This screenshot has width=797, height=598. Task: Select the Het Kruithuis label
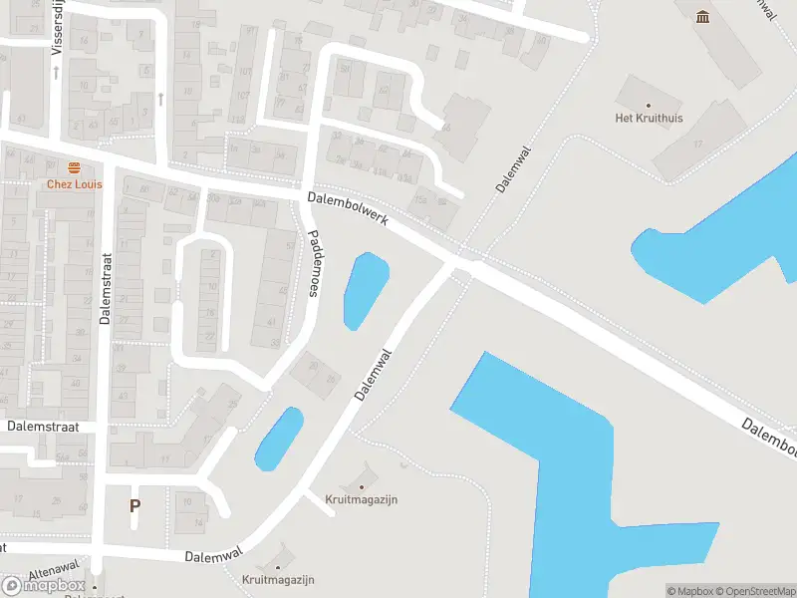coord(649,118)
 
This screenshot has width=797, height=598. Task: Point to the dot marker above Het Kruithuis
coord(649,104)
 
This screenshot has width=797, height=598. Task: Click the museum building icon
coord(704,16)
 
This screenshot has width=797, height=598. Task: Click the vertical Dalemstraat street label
coord(106,290)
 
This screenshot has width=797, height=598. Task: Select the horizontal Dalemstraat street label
coord(42,426)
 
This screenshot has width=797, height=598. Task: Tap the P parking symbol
coord(134,505)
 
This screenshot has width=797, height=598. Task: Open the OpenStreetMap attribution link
coord(750,591)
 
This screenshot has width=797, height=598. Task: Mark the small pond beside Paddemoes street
coord(365,291)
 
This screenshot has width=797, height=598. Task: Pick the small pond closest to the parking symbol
coord(278,439)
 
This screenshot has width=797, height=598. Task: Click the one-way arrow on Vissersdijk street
coord(57,73)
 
